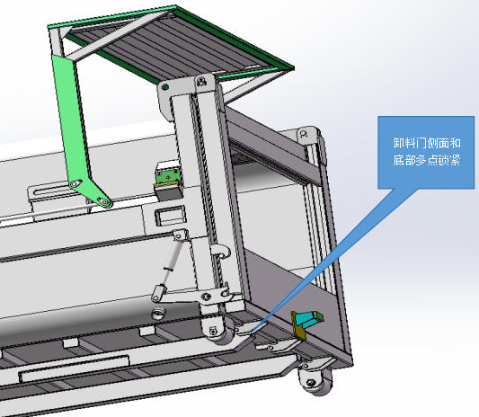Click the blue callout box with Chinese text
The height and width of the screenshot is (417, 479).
tap(426, 152)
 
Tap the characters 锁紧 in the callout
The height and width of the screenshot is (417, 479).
tap(449, 160)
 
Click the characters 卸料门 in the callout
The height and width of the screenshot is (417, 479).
tap(409, 143)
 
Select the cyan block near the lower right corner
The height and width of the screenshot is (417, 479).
tap(309, 318)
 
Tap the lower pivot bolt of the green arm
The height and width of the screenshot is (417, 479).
tap(102, 201)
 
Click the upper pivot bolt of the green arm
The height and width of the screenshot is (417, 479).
tap(75, 183)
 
